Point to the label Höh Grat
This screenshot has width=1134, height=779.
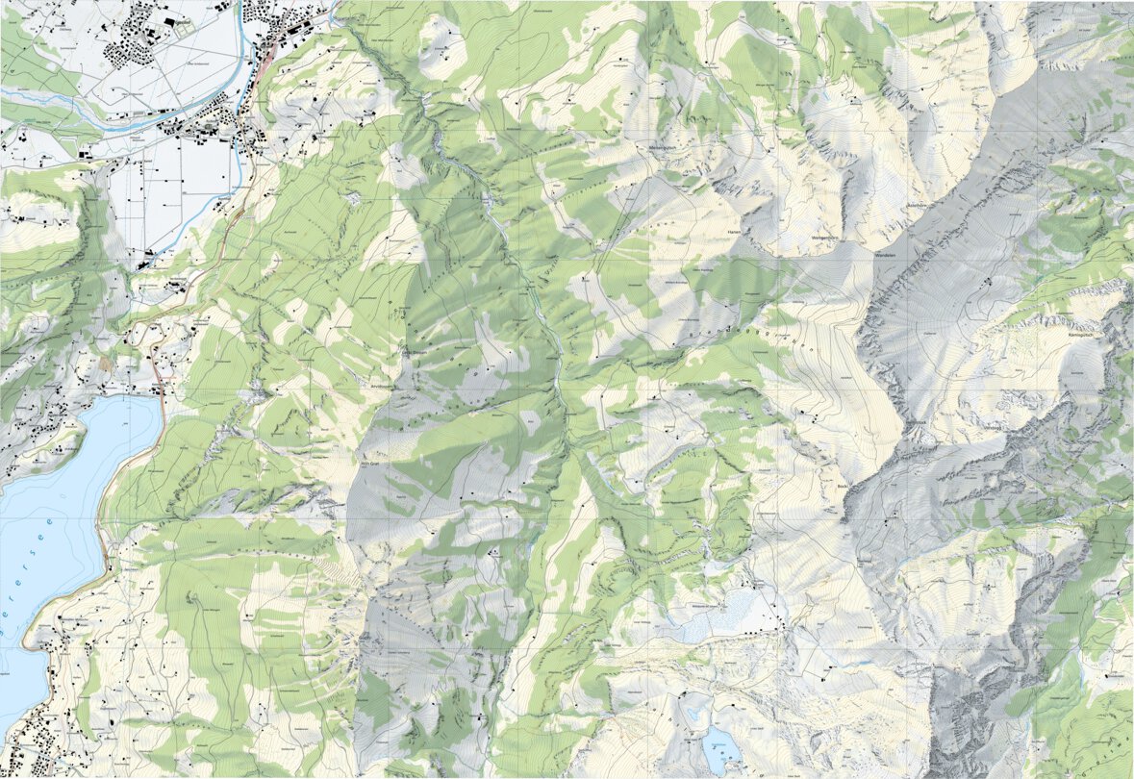[371, 464]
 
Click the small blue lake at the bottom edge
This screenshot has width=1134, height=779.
[720, 745]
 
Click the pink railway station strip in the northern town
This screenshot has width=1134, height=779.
[262, 67]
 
